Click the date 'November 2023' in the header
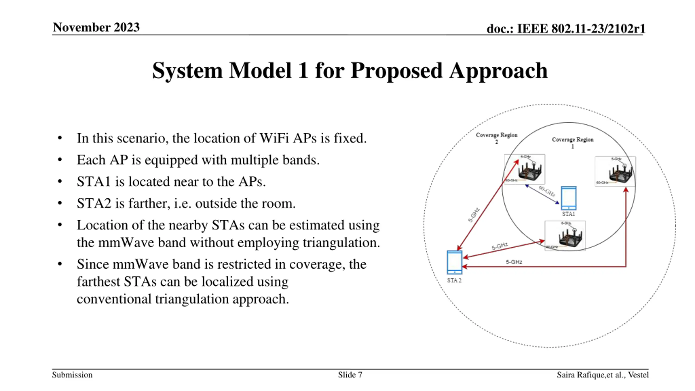click(96, 27)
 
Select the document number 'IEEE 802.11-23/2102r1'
click(581, 29)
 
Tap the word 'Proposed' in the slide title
click(396, 71)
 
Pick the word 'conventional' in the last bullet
click(114, 299)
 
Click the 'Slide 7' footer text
click(350, 375)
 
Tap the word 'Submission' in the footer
click(72, 375)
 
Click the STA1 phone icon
click(568, 198)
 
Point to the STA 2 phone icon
click(454, 262)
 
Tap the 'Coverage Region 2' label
click(497, 138)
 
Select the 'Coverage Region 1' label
click(573, 143)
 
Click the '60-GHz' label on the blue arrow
click(547, 191)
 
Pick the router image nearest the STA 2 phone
click(565, 236)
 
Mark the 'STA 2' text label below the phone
click(454, 280)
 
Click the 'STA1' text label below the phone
click(568, 214)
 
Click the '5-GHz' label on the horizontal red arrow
click(514, 262)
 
